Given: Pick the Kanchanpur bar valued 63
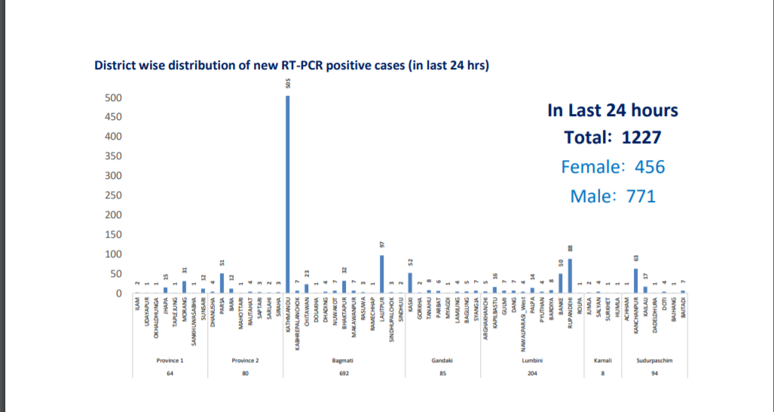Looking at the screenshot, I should point(635,281).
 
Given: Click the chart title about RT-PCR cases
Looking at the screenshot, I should point(292,66).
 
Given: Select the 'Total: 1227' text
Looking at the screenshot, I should point(613,138).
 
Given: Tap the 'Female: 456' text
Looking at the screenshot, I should point(613,167).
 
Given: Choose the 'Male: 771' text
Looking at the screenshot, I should point(613,196).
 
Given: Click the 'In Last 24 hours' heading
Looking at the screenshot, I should point(613,110).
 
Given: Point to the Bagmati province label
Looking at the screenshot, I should point(344,361).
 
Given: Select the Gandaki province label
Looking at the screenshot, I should point(442,361).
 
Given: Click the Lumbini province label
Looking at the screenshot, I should point(532,361).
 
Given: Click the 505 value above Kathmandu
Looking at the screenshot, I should point(288,83).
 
